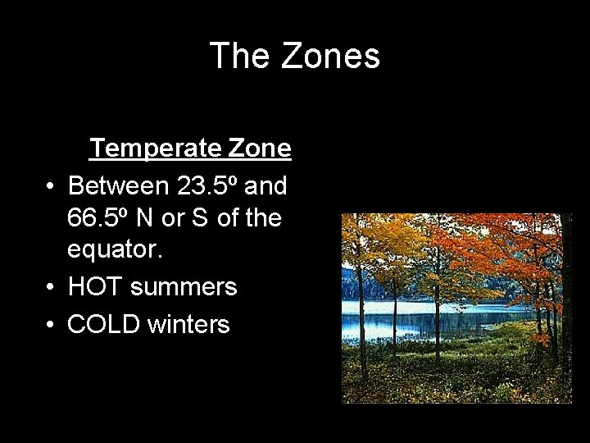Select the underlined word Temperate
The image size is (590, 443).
coord(156,148)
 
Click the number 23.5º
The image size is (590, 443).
coord(208,186)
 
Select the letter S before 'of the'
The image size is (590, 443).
coord(202,218)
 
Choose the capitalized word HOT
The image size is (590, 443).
coord(95,287)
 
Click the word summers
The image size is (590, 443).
coord(184,288)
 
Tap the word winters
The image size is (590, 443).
coord(188,324)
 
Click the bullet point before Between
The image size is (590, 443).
coord(51,187)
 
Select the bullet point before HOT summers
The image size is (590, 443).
coord(51,288)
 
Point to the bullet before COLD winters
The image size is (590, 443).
coord(51,325)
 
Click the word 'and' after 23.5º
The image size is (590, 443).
coord(265,186)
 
